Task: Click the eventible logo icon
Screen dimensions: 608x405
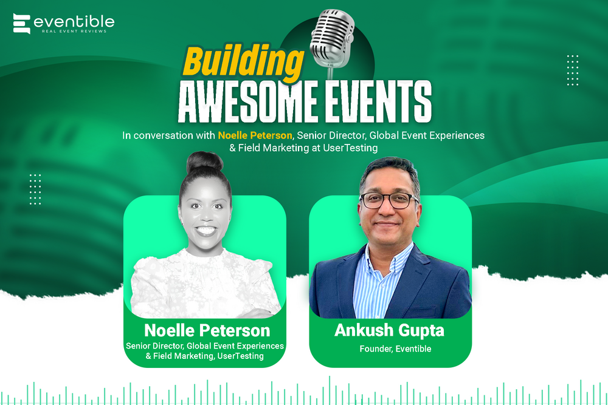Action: [22, 24]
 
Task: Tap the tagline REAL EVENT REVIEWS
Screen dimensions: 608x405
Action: [74, 31]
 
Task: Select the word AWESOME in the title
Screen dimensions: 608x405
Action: [248, 101]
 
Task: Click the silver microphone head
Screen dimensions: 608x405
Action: [333, 38]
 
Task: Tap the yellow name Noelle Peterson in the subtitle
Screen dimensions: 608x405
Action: [255, 135]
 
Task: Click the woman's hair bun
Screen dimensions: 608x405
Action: [204, 162]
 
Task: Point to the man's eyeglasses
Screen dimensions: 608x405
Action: [389, 200]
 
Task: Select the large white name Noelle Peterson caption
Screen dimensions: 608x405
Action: [207, 330]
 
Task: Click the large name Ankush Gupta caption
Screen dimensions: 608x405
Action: [389, 330]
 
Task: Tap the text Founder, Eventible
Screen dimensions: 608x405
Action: [395, 349]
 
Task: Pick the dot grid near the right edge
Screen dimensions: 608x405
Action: [572, 70]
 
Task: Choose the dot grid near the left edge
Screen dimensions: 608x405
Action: [35, 189]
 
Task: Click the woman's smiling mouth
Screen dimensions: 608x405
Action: [206, 231]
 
